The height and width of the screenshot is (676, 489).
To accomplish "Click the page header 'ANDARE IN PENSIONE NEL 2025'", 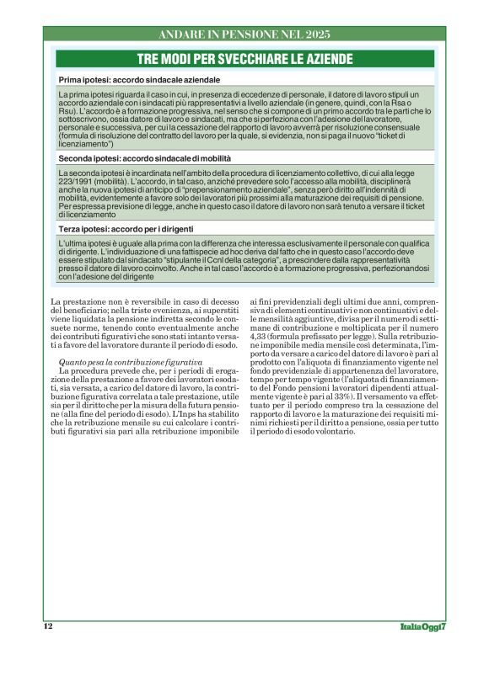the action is tap(244, 35).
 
